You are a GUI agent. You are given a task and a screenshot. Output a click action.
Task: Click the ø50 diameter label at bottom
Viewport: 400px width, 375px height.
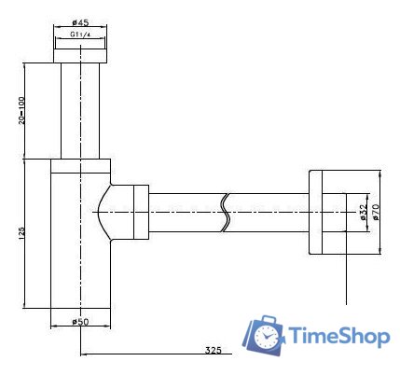[x=79, y=323]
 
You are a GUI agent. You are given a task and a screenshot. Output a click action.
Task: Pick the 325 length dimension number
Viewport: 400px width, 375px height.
[x=213, y=350]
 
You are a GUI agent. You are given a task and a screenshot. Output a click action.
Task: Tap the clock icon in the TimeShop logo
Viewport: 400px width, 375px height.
[x=266, y=335]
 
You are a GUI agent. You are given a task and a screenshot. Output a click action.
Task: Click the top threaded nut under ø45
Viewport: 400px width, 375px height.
[x=79, y=50]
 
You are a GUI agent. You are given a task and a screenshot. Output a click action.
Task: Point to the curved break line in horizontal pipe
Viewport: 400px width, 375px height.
[x=226, y=213]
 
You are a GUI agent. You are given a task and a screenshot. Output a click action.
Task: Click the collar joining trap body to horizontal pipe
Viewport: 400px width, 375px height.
[x=138, y=213]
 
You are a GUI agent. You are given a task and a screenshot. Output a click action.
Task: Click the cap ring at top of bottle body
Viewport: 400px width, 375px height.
[x=79, y=166]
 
